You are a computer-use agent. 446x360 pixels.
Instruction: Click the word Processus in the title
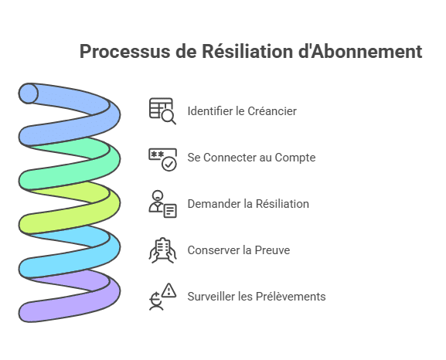tap(125, 52)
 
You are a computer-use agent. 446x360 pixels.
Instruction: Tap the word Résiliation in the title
tap(247, 51)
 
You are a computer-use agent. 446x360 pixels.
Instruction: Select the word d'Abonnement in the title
tap(360, 51)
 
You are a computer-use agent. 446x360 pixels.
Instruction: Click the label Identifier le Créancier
tap(242, 111)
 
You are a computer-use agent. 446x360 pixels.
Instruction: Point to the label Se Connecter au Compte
tap(251, 158)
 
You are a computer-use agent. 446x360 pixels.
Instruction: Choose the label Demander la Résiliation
tap(248, 204)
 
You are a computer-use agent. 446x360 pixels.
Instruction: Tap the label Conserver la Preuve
tap(239, 250)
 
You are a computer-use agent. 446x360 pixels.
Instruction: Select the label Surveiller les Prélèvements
tap(257, 297)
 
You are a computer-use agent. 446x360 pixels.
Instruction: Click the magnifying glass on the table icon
tap(169, 117)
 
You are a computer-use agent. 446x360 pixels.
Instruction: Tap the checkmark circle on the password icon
tap(169, 164)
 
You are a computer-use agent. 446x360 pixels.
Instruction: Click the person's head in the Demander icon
tap(158, 195)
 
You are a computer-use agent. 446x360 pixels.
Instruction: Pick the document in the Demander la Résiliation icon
tap(170, 211)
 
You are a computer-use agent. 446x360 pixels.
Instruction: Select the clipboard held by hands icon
tap(162, 250)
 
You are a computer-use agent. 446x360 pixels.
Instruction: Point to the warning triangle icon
tap(169, 290)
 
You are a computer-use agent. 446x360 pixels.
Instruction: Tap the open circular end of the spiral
tap(28, 93)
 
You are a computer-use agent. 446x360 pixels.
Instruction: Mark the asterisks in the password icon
tap(157, 155)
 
